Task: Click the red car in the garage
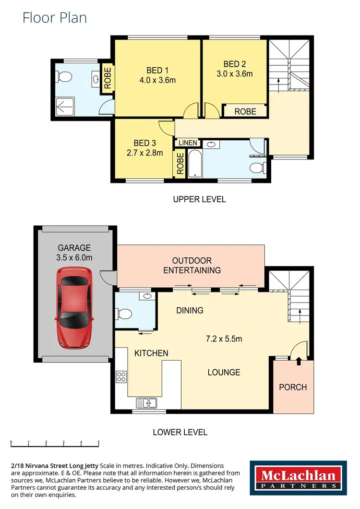coord(74,307)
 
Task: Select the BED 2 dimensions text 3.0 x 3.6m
coord(235,73)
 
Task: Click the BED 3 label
coord(144,143)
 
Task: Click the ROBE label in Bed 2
coord(245,111)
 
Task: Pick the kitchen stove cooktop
coord(121,377)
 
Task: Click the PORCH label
coord(293,387)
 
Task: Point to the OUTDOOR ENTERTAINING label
coord(192,265)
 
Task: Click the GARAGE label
coord(74,248)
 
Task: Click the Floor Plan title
coord(55,18)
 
